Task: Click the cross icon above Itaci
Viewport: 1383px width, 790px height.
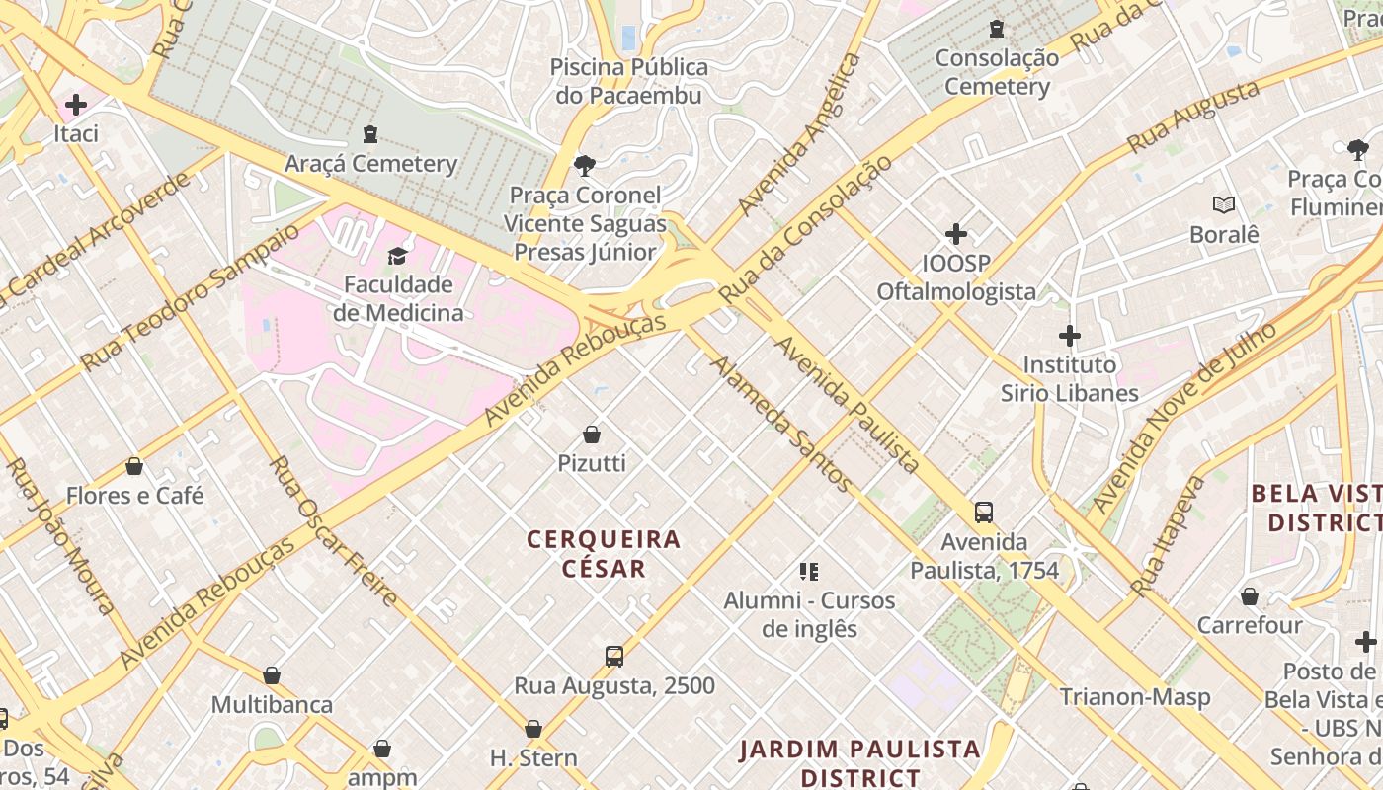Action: point(75,104)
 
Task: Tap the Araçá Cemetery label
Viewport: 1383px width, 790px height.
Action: point(370,163)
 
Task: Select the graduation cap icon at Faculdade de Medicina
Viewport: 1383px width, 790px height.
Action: point(397,256)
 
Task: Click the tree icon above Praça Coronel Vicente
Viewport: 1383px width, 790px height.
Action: point(584,165)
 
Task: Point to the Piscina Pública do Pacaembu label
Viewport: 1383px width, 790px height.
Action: point(628,81)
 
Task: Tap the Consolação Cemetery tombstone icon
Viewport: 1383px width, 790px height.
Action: point(997,29)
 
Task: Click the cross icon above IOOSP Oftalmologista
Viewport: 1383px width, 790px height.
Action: point(955,234)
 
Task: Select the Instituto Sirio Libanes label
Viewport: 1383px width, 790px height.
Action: point(1069,378)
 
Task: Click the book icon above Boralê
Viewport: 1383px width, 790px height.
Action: point(1224,205)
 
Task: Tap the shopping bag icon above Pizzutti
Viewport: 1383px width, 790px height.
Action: point(591,434)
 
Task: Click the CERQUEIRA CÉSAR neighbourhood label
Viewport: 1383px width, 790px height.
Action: point(604,553)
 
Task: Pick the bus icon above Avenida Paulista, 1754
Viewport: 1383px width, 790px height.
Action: point(983,513)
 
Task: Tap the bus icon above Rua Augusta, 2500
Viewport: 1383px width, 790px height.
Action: point(613,657)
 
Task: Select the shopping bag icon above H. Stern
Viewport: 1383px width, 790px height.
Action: point(533,730)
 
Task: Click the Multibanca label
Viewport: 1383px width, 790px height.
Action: point(272,705)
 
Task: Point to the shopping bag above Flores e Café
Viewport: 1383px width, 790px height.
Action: point(134,466)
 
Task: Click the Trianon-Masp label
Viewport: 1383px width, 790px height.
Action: point(1134,697)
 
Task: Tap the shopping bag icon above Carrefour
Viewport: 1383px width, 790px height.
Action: point(1249,596)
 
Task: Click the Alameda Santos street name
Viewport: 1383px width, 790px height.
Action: point(780,424)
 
